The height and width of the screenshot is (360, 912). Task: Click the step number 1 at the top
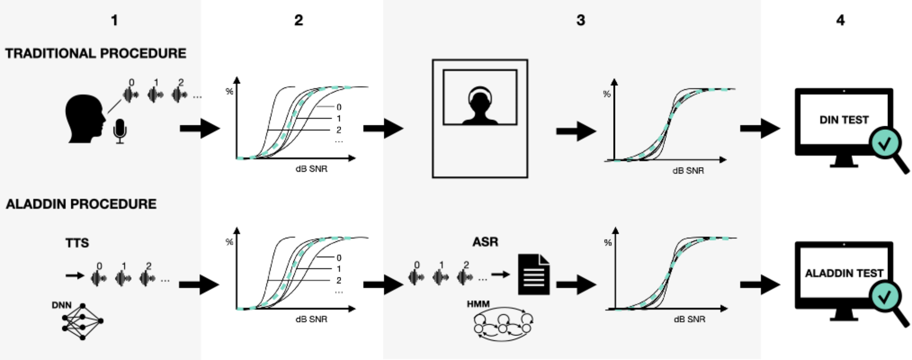[114, 20]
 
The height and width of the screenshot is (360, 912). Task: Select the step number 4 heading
[840, 20]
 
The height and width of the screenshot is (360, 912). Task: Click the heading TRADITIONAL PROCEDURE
[96, 54]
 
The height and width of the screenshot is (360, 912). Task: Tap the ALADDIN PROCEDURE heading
[81, 204]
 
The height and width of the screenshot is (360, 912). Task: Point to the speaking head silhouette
[85, 119]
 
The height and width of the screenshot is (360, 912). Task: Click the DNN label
[61, 305]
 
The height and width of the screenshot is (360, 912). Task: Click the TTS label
[77, 243]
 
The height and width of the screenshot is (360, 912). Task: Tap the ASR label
[485, 242]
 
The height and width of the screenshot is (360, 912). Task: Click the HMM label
[478, 304]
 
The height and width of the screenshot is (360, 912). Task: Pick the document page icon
[534, 274]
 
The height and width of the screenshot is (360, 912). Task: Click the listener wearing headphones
[481, 105]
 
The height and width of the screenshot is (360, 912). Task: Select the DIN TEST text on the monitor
[844, 120]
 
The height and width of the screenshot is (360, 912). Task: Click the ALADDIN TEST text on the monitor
[844, 273]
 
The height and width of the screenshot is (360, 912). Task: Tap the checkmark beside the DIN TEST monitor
[884, 144]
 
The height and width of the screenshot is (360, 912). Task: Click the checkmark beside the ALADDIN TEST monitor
[884, 297]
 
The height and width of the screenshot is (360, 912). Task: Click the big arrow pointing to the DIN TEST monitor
[760, 128]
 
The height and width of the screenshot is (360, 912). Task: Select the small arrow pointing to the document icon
[501, 274]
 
